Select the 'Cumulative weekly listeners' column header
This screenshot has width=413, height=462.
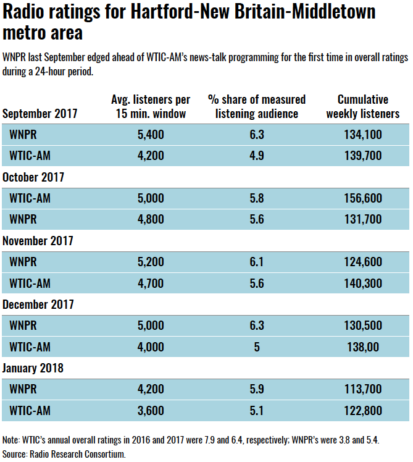pos(362,106)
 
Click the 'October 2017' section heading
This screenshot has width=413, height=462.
pos(33,177)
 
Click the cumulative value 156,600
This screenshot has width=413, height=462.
pos(362,198)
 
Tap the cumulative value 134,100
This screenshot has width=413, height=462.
pos(362,135)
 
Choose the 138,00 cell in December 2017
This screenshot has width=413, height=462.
pos(362,347)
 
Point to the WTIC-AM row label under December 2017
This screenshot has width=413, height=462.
pos(30,347)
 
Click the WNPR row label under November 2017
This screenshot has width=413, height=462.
pos(23,262)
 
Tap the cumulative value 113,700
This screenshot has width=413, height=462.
pos(362,389)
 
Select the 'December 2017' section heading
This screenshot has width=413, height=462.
pos(38,304)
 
